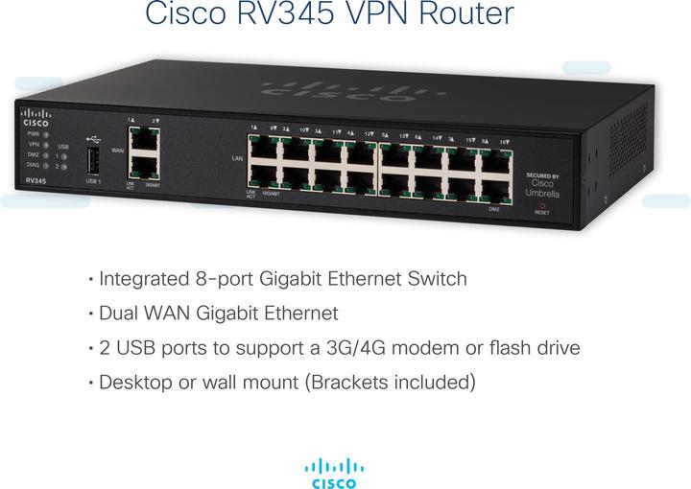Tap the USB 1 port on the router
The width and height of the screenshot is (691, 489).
92,160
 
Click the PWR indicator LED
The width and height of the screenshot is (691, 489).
44,134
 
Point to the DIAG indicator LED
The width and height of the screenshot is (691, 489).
44,165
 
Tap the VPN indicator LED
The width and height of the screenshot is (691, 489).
44,145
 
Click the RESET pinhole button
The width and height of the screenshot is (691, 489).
542,204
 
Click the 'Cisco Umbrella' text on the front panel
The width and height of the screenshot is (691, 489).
542,188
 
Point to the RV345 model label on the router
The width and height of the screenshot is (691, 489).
36,180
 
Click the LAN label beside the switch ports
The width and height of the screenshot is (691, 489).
237,156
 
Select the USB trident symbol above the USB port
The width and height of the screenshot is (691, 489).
91,136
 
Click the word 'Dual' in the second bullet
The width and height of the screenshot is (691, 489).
120,314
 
